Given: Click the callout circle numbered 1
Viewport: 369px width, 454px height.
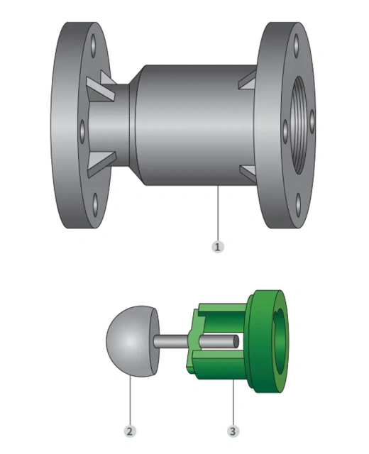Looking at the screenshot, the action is [218, 247].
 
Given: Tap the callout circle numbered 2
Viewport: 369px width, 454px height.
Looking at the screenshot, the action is [129, 431].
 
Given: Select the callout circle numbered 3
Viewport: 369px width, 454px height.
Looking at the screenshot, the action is [233, 431].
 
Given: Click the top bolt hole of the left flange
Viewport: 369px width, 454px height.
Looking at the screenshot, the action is [93, 45].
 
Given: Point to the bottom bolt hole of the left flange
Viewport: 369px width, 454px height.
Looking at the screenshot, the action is [95, 205].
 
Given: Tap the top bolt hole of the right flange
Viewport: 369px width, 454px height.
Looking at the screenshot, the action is [296, 45].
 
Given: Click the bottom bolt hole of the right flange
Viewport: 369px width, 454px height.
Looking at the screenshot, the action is [299, 205].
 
